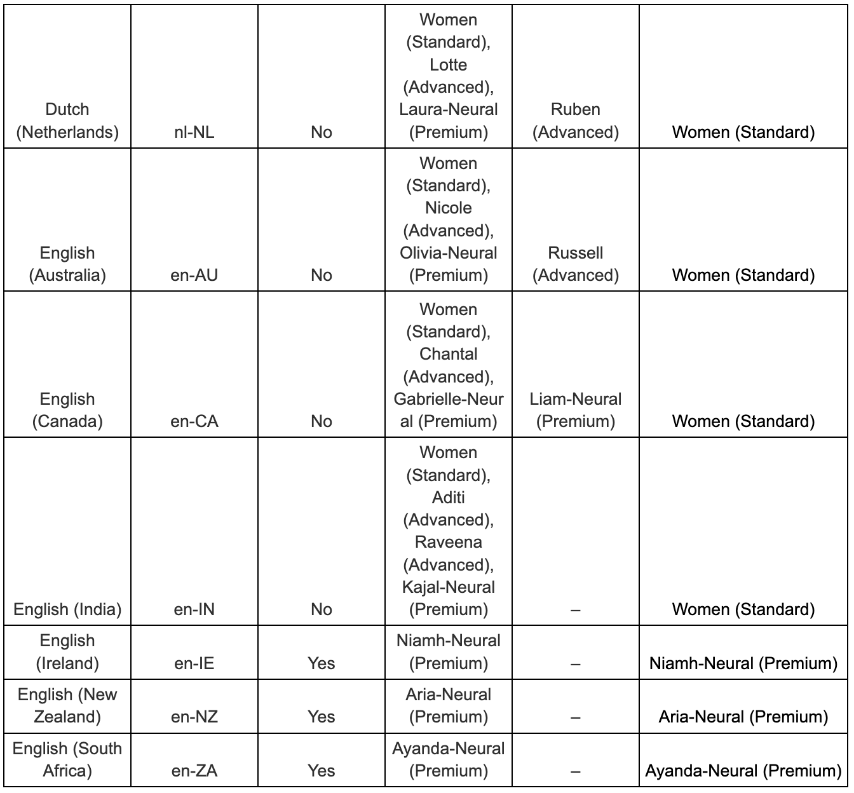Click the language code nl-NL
[x=194, y=132]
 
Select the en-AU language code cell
[x=194, y=275]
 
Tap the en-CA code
[x=194, y=421]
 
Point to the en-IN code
[x=194, y=609]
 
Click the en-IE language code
[x=194, y=663]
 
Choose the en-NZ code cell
[x=194, y=717]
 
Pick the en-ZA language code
[x=194, y=771]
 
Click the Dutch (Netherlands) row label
[x=67, y=121]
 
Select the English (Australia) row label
[x=67, y=264]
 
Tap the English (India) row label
[x=67, y=609]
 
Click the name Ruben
[x=575, y=109]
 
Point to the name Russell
[x=575, y=253]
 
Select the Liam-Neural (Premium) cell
[x=575, y=410]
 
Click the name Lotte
[x=448, y=65]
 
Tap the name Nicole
[x=448, y=208]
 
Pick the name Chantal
[x=448, y=354]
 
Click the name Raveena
[x=448, y=542]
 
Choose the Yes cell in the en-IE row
[x=321, y=663]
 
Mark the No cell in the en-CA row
[x=321, y=421]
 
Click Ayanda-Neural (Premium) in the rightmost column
[x=743, y=771]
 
